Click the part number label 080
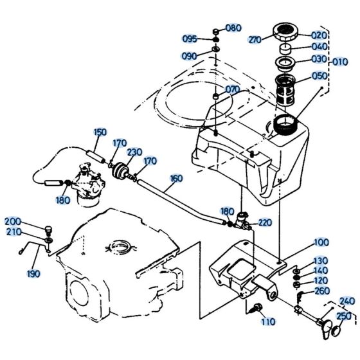[x=233, y=28]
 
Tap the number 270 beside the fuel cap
[x=255, y=40]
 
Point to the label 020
[x=319, y=35]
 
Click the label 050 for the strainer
[x=319, y=76]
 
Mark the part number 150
[x=100, y=133]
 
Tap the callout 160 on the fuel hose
[x=175, y=178]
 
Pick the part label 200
[x=13, y=221]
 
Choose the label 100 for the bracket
[x=321, y=244]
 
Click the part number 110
[x=268, y=321]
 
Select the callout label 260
[x=321, y=291]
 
